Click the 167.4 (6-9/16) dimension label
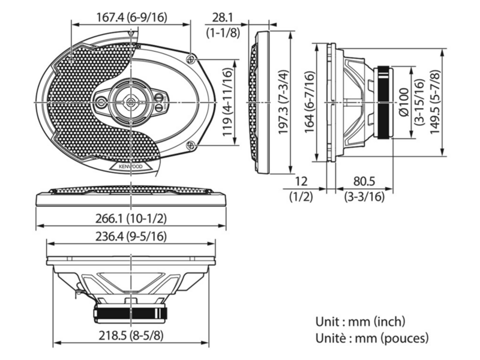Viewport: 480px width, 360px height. (132, 17)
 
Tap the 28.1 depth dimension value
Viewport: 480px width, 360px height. (223, 17)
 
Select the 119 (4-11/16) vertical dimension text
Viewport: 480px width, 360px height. (227, 102)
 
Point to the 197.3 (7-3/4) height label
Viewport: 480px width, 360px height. (283, 102)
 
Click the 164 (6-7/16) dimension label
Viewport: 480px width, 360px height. (310, 102)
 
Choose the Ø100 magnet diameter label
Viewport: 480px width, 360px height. (404, 102)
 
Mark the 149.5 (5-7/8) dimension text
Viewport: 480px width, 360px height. (435, 102)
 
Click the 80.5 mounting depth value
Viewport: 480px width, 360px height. (364, 182)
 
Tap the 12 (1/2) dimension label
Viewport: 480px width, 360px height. (301, 189)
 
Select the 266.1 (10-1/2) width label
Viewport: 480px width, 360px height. (131, 218)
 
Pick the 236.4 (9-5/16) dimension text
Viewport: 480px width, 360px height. (131, 236)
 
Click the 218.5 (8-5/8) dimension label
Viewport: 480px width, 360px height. (131, 336)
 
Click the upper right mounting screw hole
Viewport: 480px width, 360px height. (191, 58)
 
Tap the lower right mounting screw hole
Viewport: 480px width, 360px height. (191, 145)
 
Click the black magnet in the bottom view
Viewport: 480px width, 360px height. (131, 314)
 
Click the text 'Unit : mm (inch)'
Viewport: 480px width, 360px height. (361, 322)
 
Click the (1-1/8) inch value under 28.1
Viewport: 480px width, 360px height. (223, 32)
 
